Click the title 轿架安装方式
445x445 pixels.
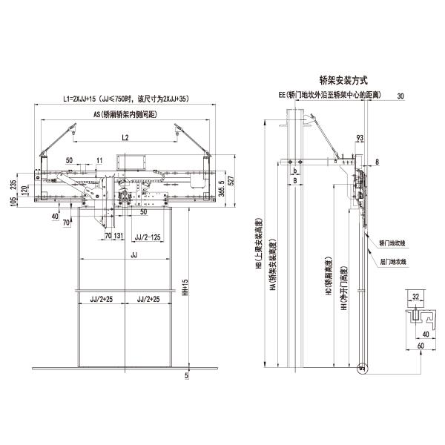pos(343,79)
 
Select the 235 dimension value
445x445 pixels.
pos(13,185)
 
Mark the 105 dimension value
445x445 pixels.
pos(13,205)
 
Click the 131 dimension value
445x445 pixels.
pos(119,237)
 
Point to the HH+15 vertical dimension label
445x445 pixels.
pos(185,290)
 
